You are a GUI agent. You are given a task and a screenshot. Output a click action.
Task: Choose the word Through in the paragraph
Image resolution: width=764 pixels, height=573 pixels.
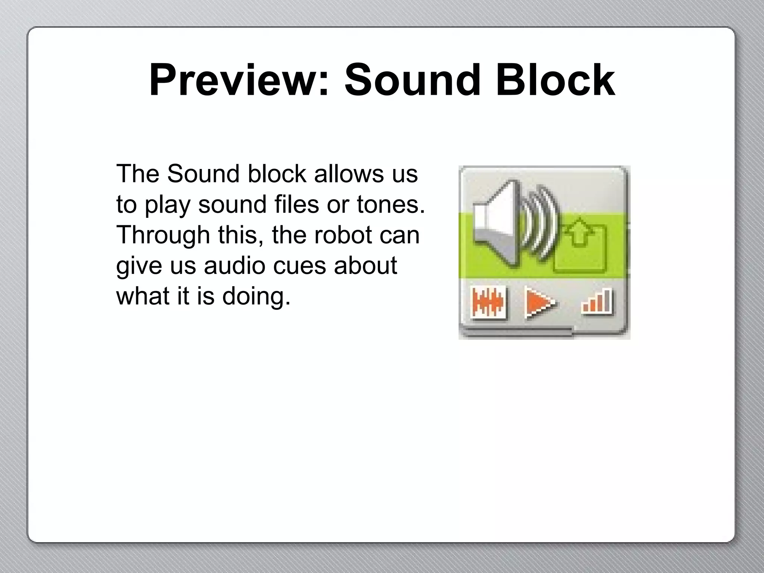coord(163,235)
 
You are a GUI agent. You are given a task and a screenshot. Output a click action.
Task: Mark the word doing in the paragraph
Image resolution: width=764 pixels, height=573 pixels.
coord(256,296)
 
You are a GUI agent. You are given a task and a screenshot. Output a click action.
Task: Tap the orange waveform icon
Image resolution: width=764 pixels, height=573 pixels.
coord(488,302)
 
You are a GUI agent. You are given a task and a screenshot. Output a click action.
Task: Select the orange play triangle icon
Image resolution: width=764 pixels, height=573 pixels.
coord(539,302)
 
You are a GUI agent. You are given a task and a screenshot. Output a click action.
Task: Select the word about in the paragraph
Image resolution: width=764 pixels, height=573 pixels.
coord(365,266)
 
